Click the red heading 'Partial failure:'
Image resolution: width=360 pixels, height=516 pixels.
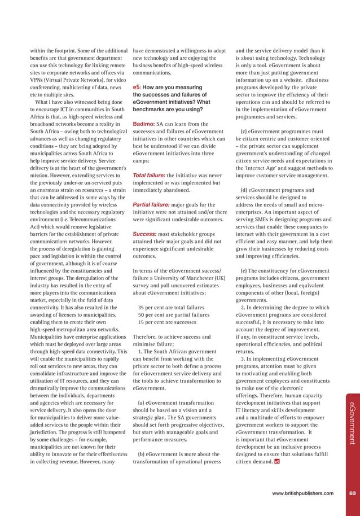tap(152, 204)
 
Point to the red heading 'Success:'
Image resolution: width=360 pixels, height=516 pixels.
tap(144, 234)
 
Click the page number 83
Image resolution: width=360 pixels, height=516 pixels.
tap(352, 493)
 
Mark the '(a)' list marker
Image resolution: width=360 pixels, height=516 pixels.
tap(141, 403)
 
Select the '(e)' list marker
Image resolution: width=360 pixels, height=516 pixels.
tap(244, 270)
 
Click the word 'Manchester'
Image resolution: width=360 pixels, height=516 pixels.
tap(199, 278)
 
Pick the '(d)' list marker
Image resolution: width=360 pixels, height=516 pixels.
tap(244, 190)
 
